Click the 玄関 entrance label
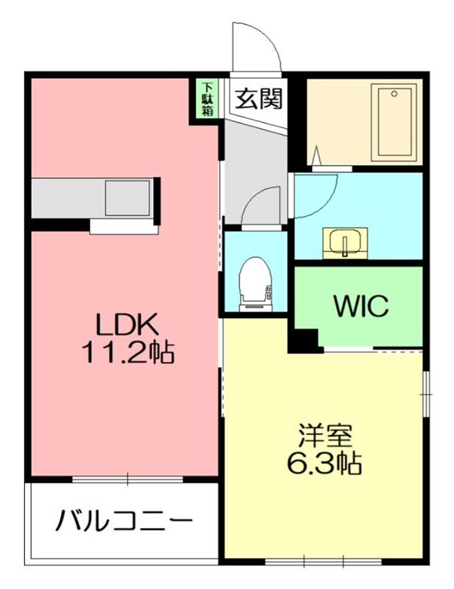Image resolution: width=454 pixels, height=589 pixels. (x=259, y=99)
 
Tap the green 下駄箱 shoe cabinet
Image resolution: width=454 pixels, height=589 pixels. (x=208, y=99)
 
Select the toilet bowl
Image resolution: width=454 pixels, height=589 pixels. (x=256, y=284)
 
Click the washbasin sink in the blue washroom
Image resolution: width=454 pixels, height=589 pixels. (x=345, y=243)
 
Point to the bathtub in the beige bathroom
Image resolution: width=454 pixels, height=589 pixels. (x=394, y=123)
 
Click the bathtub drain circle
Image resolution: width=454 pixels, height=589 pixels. (x=394, y=94)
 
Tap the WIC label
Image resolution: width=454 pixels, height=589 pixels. (x=361, y=306)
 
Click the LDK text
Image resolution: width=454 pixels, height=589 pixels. (x=127, y=325)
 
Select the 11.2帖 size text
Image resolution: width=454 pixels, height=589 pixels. (x=128, y=352)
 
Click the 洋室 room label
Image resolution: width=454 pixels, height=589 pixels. (x=325, y=436)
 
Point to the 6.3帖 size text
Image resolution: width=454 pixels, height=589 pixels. (x=324, y=464)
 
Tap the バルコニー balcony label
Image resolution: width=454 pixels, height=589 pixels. (x=124, y=521)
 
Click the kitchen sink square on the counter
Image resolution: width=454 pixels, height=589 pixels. (x=128, y=198)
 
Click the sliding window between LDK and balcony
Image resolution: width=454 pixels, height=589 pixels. (x=128, y=479)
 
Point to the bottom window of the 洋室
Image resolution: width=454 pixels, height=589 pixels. (x=324, y=562)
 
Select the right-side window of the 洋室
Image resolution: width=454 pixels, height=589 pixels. (x=426, y=394)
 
